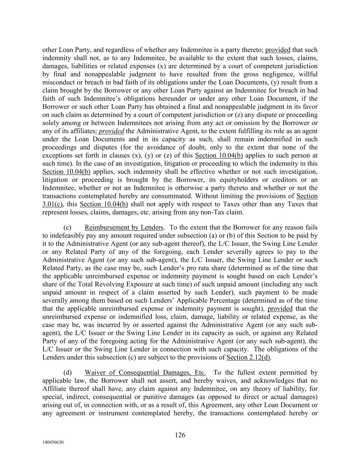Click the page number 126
pos(180,435)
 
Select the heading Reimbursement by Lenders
pos(124,227)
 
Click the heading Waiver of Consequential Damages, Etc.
pos(145,372)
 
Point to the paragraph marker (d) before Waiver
pos(67,372)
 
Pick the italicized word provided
pos(111,131)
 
